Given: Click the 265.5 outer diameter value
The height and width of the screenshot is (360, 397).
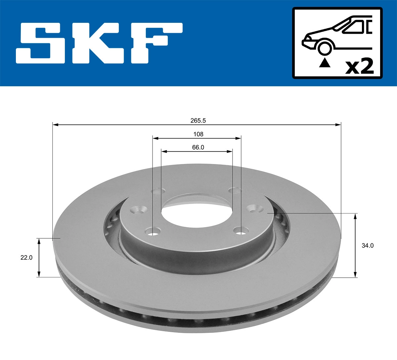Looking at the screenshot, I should (x=198, y=121).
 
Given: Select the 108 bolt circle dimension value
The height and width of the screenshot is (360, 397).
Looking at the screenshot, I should (x=198, y=134).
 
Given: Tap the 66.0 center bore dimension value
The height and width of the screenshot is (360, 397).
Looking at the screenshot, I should (x=198, y=147).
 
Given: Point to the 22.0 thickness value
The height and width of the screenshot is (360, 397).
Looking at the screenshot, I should (x=26, y=258).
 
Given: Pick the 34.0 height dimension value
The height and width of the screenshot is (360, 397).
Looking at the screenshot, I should (x=367, y=246).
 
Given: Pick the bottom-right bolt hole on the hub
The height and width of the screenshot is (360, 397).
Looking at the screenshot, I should (x=241, y=230).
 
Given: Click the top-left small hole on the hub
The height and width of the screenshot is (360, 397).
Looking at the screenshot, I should (x=158, y=191).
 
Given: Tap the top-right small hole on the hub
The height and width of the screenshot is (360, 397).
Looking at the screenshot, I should (x=235, y=190).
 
